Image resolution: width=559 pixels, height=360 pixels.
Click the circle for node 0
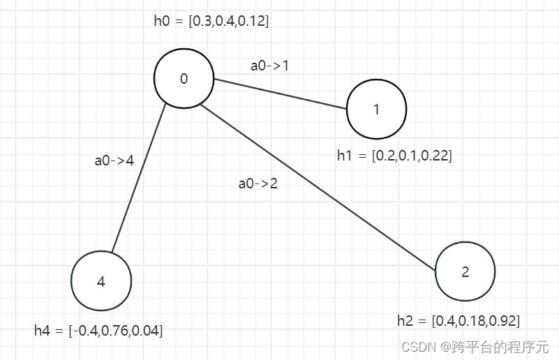coord(184,78)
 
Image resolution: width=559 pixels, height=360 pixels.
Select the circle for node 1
coord(377,109)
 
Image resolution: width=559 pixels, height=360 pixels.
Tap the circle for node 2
coord(465,271)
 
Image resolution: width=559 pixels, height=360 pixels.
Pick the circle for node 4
coord(101,281)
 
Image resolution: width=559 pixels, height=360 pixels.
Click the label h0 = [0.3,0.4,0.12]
coord(211,21)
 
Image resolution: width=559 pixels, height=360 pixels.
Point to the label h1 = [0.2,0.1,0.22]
coord(394,156)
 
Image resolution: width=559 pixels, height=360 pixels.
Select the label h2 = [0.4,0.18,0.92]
coord(458,321)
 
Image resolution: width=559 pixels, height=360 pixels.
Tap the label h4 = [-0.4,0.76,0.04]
coord(98,331)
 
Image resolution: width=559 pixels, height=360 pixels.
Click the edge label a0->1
coord(270,66)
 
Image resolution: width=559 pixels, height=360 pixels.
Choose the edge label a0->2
coord(258,184)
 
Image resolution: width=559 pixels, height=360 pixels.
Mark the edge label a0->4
coord(114,160)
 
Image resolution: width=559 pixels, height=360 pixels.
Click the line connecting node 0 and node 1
coord(279,94)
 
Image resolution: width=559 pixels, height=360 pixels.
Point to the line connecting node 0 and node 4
coord(139,178)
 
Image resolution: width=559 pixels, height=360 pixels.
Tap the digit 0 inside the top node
coord(184,79)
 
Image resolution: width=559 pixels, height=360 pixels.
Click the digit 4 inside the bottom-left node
coord(101,282)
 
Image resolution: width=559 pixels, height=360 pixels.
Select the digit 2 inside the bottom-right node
coord(465,272)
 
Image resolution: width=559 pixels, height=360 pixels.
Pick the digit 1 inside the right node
coord(377,110)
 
